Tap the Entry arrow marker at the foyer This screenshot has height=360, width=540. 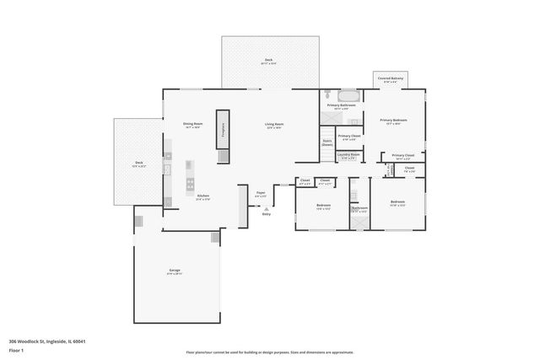pos(266,210)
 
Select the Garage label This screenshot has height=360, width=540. pos(174,271)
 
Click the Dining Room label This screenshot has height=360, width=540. pos(193,125)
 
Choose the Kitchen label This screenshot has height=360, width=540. pos(202,197)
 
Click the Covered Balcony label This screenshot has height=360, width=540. pos(388,79)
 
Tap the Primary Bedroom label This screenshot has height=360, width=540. pos(393,121)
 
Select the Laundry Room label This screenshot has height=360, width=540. pos(348,155)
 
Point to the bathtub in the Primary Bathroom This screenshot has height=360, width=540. pos(348,94)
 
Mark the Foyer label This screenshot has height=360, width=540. pos(262,193)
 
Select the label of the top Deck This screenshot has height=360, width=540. pos(268,61)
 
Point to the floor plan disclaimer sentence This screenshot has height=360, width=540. pos(270,352)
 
